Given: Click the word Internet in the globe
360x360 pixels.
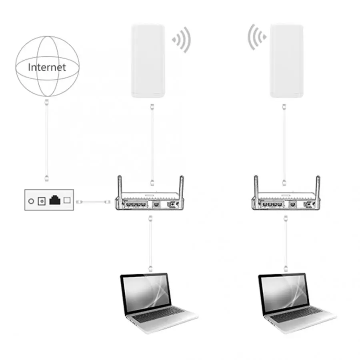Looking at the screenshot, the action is pos(46,67).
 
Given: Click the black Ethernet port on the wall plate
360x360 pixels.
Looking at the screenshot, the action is pos(54,200).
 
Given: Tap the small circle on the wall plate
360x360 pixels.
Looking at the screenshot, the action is pos(31,200).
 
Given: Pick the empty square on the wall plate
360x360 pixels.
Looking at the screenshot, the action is pos(67,200).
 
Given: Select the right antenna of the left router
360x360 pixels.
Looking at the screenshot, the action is pos(181,186).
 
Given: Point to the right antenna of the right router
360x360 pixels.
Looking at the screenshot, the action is pos(318,186).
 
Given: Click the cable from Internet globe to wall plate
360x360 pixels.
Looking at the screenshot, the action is pos(47,140).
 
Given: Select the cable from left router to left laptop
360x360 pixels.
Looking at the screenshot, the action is pos(150,244).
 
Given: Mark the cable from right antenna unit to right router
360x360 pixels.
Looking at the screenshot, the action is pos(284,144).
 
